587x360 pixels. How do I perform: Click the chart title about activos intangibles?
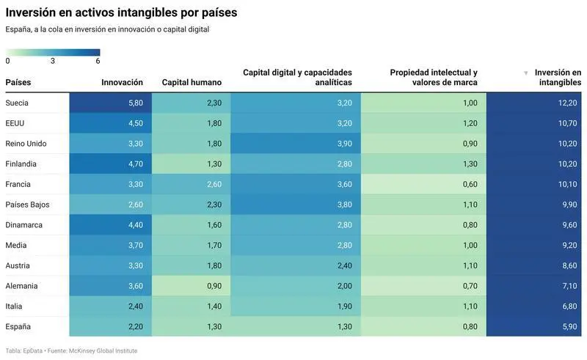click(x=121, y=13)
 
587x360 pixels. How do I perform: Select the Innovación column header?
click(x=122, y=82)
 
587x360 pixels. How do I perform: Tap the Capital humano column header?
click(x=192, y=82)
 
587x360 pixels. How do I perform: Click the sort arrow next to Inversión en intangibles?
click(x=525, y=73)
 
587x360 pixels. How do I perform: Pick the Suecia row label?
click(x=17, y=103)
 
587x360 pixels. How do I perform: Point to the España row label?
click(x=18, y=326)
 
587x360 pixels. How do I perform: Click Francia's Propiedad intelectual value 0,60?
click(x=470, y=184)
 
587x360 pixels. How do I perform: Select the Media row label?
click(x=16, y=245)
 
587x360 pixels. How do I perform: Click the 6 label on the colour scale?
click(x=98, y=62)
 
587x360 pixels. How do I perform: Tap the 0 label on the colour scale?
click(x=7, y=62)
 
